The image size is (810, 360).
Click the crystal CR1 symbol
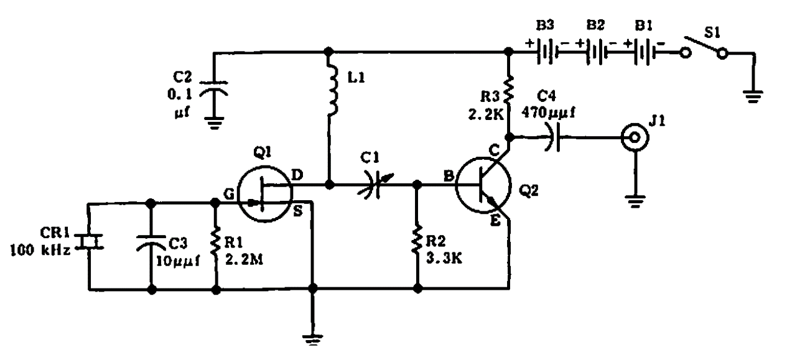pos(88,242)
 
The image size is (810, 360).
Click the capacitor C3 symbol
pos(151,242)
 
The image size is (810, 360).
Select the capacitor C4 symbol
pos(553,137)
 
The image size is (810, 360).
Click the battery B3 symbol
pos(546,53)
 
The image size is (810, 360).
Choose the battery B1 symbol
pos(645,53)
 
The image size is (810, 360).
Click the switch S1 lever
pos(704,45)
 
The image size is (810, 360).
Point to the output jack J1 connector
pos(635,137)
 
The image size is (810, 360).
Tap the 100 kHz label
pos(40,250)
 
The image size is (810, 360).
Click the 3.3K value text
pos(444,259)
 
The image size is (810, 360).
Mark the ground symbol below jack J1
pos(635,201)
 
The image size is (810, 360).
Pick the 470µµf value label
pos(548,113)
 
